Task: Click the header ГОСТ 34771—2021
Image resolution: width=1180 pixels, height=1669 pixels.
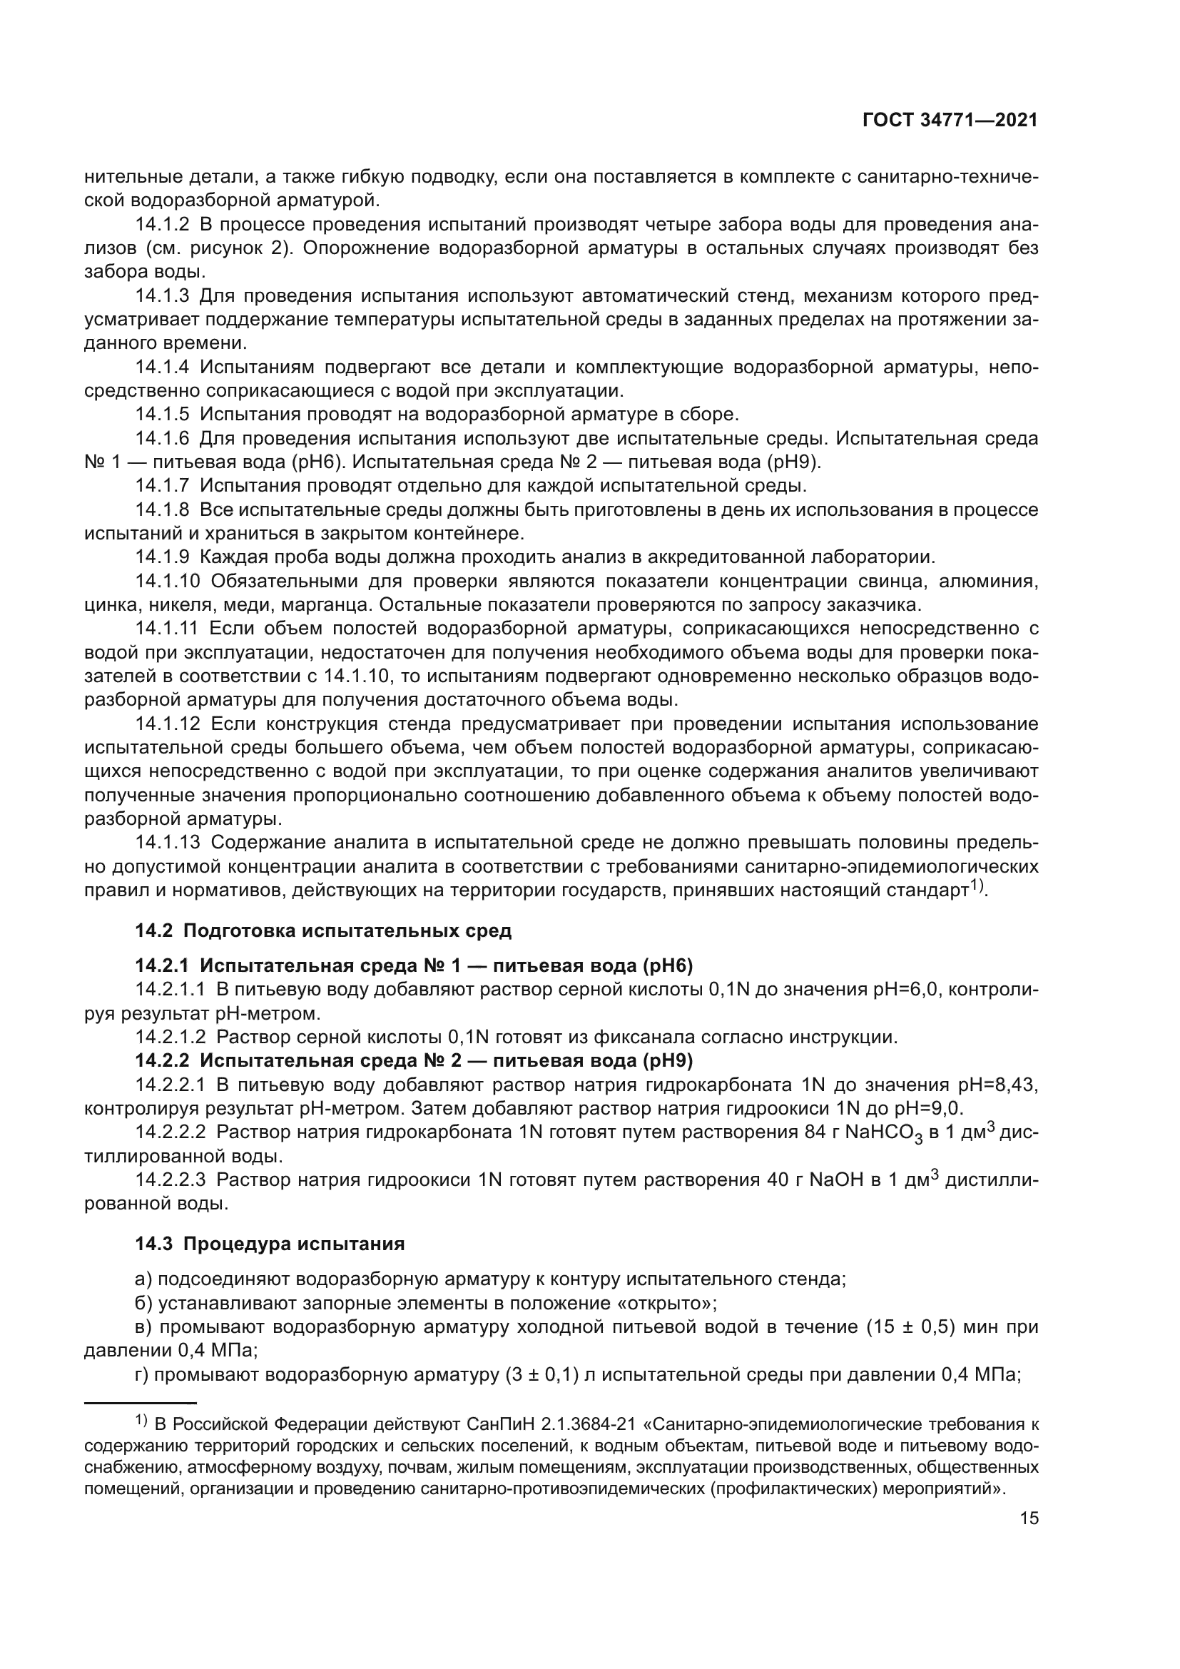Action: [x=950, y=121]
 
